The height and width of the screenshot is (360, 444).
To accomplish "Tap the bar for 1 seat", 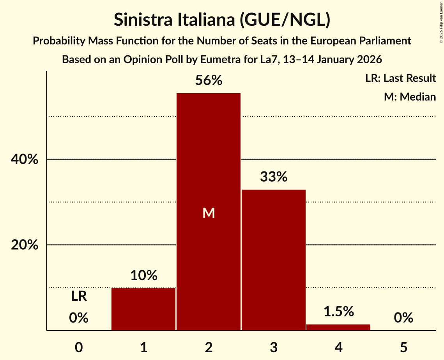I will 143,309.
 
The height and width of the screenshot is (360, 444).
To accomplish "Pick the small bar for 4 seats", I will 338,327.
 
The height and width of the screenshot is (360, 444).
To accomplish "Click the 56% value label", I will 209,81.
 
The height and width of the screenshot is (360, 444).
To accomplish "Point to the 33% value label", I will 273,177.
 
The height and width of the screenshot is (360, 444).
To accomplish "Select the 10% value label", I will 143,276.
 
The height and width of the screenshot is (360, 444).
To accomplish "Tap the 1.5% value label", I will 338,312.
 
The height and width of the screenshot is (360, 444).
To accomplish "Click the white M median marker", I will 209,213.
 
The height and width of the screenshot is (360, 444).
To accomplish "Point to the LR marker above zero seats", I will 79,296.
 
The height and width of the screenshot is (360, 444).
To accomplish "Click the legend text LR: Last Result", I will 400,78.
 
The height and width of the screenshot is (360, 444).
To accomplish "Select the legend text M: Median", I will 410,97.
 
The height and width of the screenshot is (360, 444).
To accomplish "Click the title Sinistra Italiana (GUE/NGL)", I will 222,20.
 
